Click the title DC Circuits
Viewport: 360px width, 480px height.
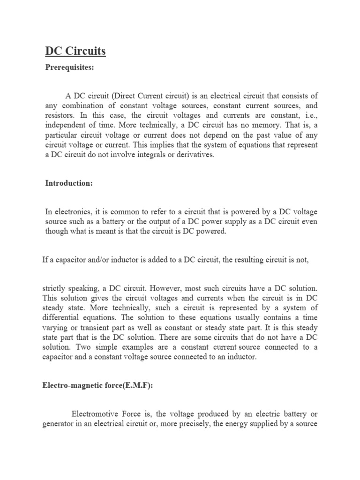75,50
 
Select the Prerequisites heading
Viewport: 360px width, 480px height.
69,68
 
